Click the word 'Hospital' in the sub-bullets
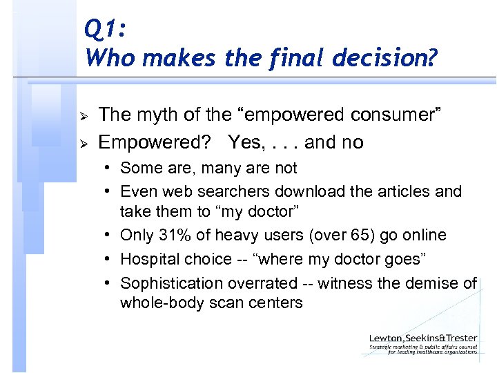tap(148, 259)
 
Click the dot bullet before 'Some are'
tap(109, 168)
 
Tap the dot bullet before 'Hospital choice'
tap(109, 259)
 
